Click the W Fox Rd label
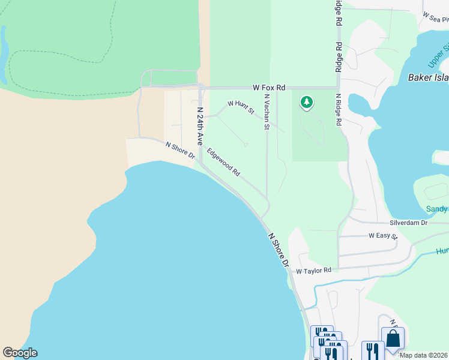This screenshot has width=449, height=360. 268,87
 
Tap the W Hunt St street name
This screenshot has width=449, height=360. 241,107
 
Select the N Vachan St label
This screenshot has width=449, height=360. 267,112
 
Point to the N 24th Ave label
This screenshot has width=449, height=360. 200,126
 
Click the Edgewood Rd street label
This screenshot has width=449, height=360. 224,162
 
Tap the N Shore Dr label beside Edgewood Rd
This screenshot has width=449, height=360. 180,151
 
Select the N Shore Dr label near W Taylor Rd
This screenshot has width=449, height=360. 278,250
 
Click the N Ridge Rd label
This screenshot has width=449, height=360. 339,109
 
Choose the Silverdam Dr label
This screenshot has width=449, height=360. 408,223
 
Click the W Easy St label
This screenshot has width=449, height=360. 383,236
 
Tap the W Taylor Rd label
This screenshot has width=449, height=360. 313,271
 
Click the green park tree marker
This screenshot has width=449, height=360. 307,103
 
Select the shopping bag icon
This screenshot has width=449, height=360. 393,338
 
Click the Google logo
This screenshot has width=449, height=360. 20,353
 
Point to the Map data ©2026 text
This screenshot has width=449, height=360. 423,355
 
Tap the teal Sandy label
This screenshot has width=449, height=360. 436,209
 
